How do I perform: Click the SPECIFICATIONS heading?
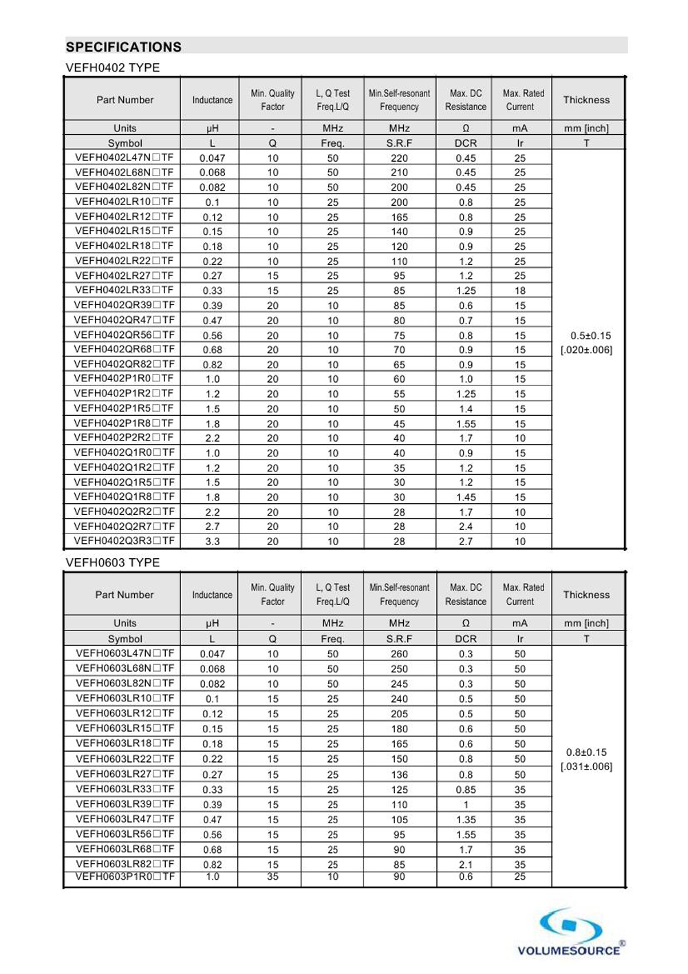[x=124, y=47]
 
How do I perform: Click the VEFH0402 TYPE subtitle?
[x=113, y=67]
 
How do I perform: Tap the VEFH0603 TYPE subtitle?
[x=113, y=562]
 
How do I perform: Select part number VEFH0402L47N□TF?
[x=125, y=158]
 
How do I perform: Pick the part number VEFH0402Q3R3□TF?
[x=125, y=541]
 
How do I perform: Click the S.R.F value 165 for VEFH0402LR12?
[x=399, y=217]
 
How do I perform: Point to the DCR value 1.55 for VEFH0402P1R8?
[x=466, y=424]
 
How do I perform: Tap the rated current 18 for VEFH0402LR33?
[x=520, y=290]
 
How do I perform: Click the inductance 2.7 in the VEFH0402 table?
[x=213, y=527]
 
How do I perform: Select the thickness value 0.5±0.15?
[x=590, y=336]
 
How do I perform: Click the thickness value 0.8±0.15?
[x=586, y=752]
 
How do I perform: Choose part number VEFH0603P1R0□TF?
[x=125, y=877]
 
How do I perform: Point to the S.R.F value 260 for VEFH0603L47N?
[x=399, y=654]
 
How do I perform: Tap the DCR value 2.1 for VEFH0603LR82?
[x=466, y=865]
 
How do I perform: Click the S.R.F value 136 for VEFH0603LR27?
[x=399, y=774]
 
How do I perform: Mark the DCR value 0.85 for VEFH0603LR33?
[x=466, y=790]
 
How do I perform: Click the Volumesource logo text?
[x=568, y=951]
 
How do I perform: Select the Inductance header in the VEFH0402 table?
[x=213, y=100]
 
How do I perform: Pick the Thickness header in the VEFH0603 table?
[x=586, y=595]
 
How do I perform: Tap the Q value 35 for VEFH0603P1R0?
[x=272, y=877]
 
